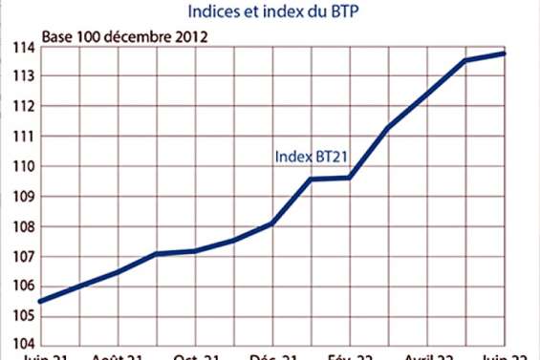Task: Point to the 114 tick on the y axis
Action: coord(22,47)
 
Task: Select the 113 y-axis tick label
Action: coord(22,76)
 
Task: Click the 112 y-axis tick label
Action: coord(22,107)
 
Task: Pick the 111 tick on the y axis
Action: coord(22,137)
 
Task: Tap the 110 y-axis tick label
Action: coord(22,166)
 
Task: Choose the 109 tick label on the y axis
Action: coord(22,197)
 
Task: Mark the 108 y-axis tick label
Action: coord(22,226)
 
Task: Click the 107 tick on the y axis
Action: coord(22,256)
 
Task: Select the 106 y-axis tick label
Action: coord(22,286)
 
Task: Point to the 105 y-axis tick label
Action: coord(22,315)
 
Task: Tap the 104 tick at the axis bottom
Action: coord(22,344)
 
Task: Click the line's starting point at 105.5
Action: coord(40,301)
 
